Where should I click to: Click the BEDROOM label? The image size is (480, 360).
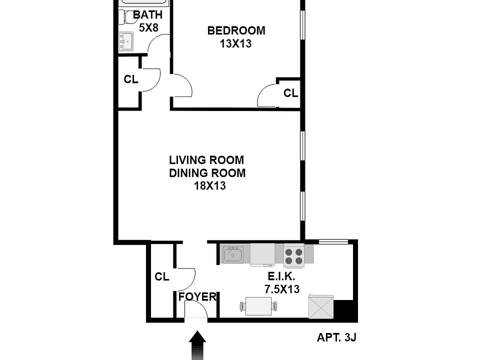(236, 31)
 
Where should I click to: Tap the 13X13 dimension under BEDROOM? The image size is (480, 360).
(235, 43)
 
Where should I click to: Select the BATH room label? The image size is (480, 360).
(147, 15)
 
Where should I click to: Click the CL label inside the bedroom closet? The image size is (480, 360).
(290, 93)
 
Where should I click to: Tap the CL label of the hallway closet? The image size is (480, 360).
(131, 79)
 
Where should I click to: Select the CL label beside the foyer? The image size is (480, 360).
(161, 276)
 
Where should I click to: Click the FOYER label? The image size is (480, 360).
(197, 296)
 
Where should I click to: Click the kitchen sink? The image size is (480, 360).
(232, 255)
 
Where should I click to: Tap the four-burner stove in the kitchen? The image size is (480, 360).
(294, 255)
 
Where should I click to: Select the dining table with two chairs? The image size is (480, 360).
(259, 305)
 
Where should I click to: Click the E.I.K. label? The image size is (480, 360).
(282, 276)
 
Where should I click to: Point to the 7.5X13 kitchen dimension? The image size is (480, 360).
(282, 289)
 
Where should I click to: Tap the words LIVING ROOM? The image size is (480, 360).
(206, 160)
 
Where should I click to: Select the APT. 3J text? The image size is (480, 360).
(336, 337)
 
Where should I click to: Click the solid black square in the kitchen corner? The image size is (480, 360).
(344, 310)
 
